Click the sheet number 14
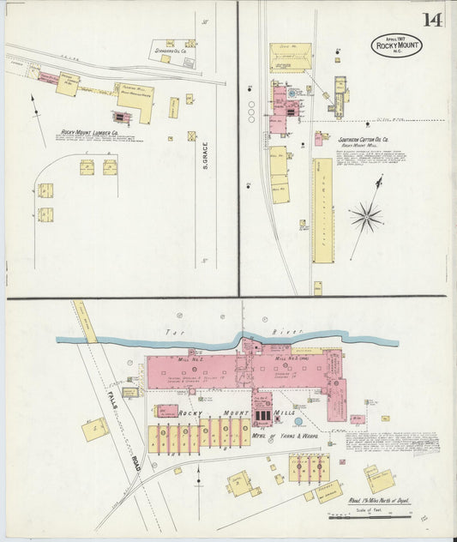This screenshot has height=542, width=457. (431, 19)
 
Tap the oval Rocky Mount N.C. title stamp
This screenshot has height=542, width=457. (396, 45)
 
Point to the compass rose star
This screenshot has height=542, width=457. (365, 216)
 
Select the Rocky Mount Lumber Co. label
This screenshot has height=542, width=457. (89, 133)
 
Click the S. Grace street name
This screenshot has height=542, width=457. (206, 154)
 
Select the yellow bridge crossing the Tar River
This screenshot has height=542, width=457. (85, 322)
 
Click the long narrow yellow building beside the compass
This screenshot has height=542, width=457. (322, 209)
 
